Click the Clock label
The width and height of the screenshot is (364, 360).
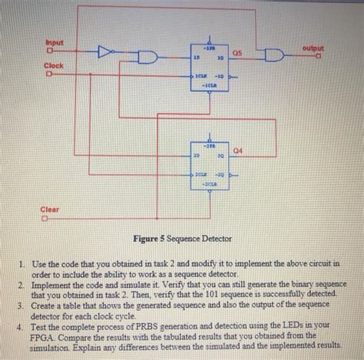(53, 67)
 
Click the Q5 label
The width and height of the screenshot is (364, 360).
(238, 52)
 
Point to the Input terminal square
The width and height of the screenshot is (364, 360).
(49, 51)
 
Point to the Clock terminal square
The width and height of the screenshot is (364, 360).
(49, 75)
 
